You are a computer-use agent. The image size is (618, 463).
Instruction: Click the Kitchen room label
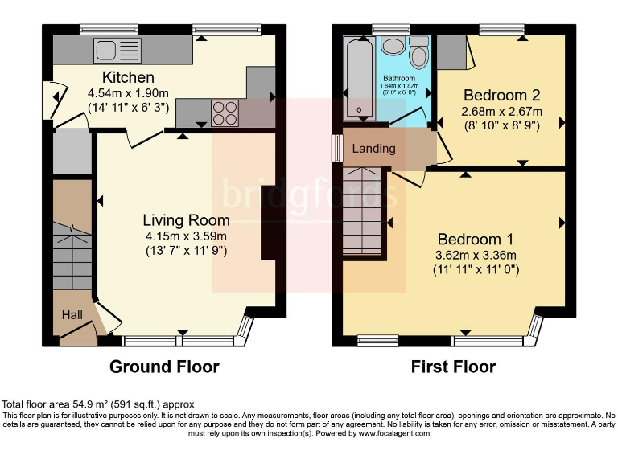point(128,78)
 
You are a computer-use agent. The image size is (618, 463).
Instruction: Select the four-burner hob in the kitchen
point(224,113)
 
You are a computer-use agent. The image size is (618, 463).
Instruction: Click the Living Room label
point(186,220)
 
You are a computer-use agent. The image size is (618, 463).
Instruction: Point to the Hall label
point(73,315)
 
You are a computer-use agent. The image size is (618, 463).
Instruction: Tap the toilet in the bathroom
point(418,55)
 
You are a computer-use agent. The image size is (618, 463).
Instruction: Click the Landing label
point(373,149)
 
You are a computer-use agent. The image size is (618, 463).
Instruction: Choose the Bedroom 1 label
point(476,239)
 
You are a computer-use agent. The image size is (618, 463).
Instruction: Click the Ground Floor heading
point(164,367)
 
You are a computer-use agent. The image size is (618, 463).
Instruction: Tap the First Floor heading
point(453,367)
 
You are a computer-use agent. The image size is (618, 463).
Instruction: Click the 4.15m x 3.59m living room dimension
point(186,236)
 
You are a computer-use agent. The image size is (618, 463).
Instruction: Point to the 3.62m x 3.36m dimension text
point(476,255)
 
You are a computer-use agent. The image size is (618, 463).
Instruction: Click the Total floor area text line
point(97,404)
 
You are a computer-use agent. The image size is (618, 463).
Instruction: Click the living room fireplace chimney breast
point(268,223)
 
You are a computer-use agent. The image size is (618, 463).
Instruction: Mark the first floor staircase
point(363,213)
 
